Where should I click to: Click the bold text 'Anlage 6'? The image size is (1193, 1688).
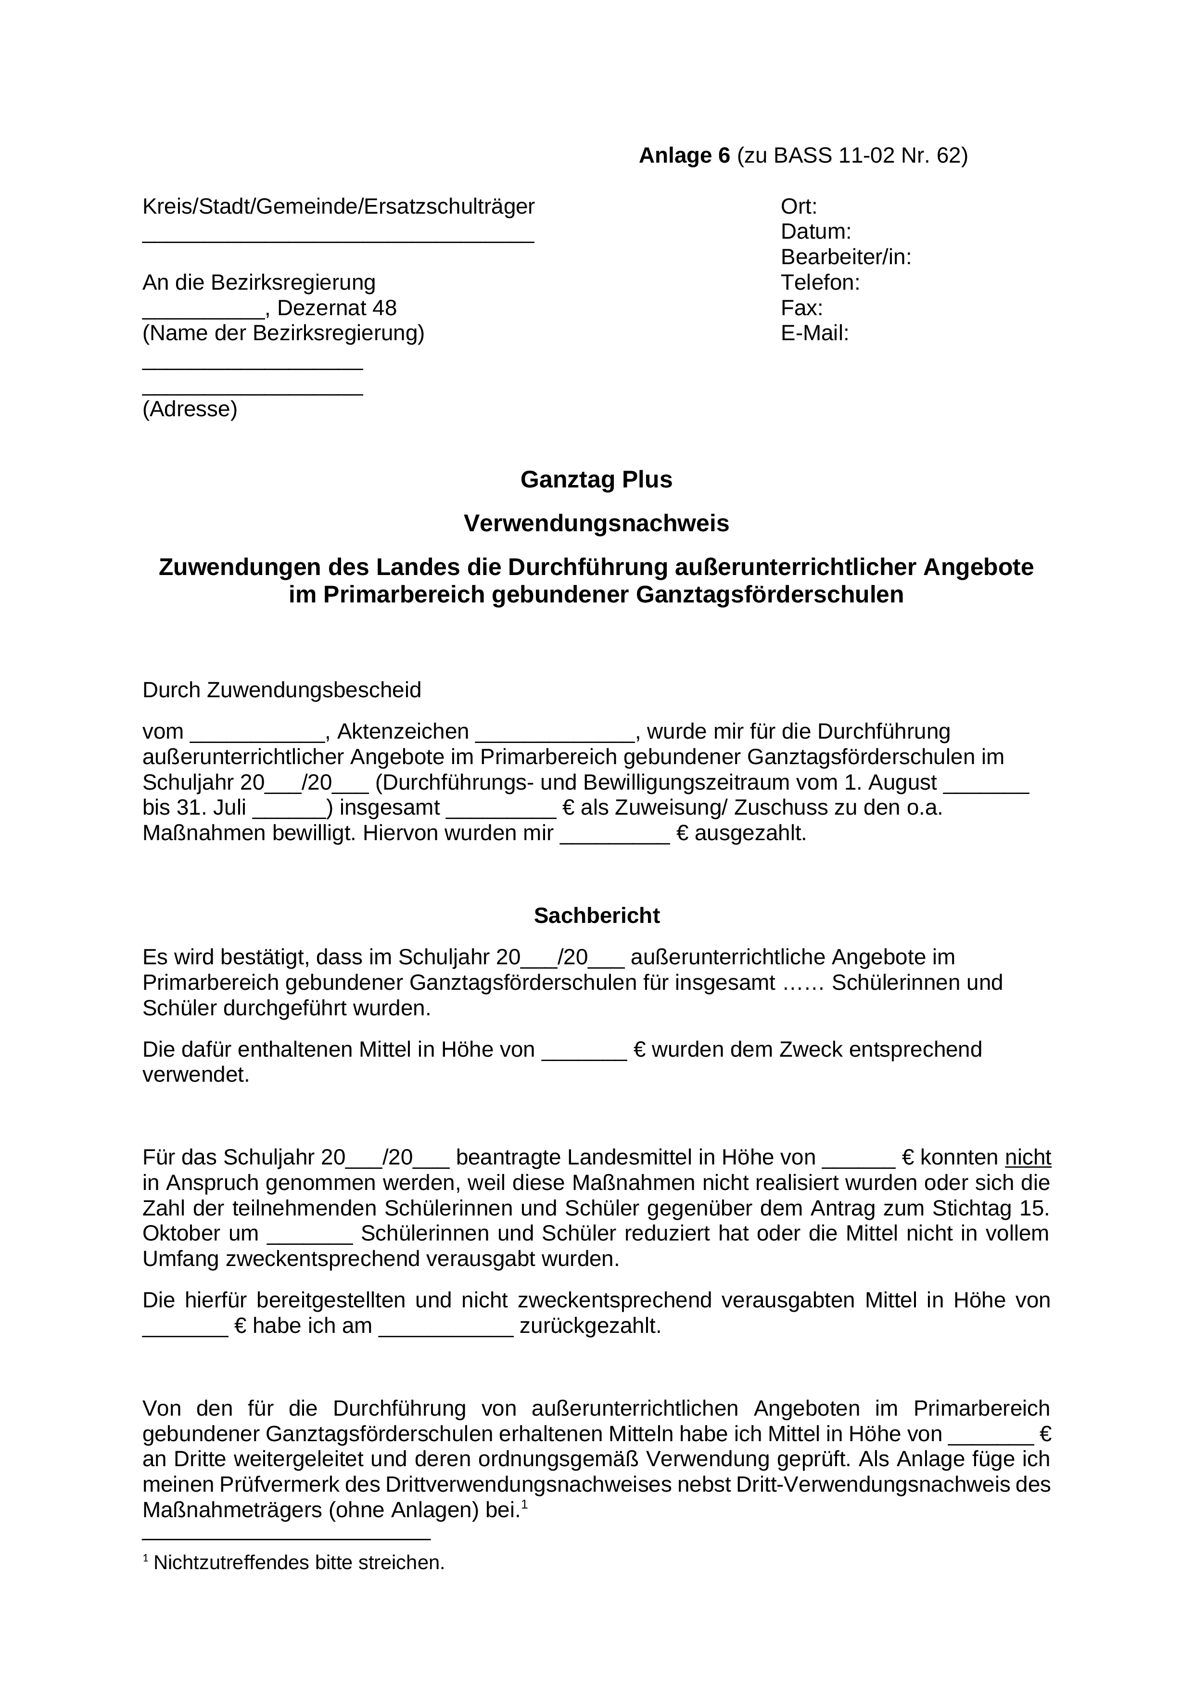(x=685, y=156)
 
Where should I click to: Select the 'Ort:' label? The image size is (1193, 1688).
(x=799, y=206)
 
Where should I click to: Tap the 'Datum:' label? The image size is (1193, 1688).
(x=816, y=231)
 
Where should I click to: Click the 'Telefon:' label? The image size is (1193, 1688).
(x=820, y=282)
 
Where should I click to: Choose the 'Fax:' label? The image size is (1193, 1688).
(x=802, y=308)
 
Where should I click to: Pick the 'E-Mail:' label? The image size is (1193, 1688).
(x=814, y=333)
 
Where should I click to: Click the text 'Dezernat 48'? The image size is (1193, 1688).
(x=337, y=308)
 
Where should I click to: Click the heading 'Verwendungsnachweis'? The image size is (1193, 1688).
(x=596, y=524)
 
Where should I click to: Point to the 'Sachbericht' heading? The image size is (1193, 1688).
(x=596, y=915)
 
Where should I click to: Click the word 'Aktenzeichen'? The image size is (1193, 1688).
(x=403, y=731)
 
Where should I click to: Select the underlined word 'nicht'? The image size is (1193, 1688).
(x=1028, y=1158)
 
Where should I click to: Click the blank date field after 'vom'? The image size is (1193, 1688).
(x=257, y=737)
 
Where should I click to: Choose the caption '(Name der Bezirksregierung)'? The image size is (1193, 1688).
(x=283, y=333)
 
